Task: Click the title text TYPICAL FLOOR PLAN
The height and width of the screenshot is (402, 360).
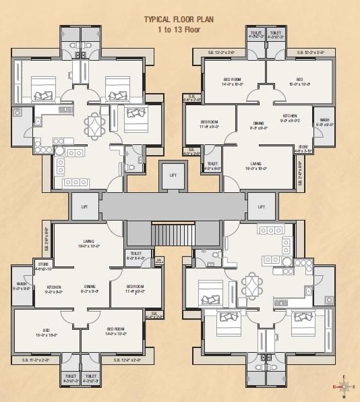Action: [x=180, y=21]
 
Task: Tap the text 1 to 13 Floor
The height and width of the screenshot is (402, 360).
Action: [x=180, y=30]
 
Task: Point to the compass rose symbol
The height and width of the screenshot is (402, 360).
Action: [x=344, y=386]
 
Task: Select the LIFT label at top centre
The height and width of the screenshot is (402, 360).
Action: [x=173, y=175]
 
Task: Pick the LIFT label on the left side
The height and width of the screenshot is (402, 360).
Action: [x=84, y=206]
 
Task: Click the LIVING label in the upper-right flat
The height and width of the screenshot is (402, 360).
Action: [x=256, y=163]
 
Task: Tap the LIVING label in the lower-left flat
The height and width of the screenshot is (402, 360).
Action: [x=88, y=241]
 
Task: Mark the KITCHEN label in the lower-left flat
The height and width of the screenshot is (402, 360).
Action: [x=54, y=287]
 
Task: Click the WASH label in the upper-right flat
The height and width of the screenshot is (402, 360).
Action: [x=325, y=119]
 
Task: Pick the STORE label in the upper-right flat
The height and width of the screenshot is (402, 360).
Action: [x=303, y=146]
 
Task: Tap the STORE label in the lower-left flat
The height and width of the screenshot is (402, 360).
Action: [x=44, y=264]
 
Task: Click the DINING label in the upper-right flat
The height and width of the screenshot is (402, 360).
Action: [x=258, y=123]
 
